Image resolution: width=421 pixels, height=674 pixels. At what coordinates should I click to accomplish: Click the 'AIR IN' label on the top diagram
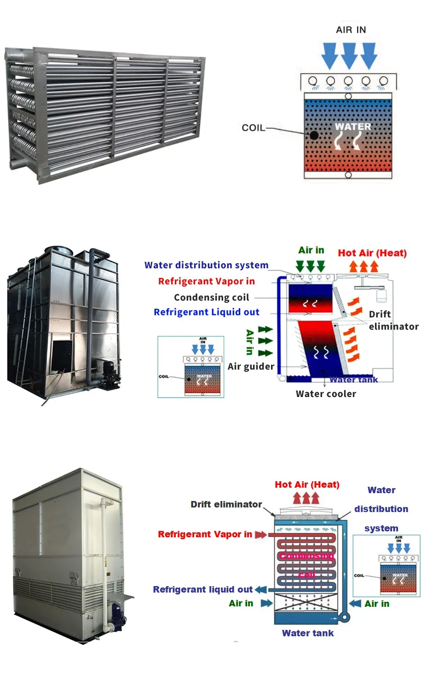pos(351,30)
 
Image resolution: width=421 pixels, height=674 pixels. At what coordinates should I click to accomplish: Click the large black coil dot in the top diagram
pos(314,135)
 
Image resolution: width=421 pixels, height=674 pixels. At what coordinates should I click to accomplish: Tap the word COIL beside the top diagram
pos(253,128)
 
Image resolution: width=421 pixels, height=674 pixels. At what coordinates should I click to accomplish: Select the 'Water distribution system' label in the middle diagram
pos(206,265)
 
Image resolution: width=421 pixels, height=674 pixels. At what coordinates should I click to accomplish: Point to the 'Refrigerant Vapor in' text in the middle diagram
pos(206,281)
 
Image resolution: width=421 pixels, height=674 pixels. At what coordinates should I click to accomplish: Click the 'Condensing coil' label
pos(211,297)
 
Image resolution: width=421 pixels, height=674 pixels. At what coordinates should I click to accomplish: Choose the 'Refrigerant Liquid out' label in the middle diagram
pos(206,312)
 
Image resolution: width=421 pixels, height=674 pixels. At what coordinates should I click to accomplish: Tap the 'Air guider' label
pos(251,366)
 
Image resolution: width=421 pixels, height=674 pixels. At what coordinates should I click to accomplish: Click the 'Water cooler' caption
pos(326,394)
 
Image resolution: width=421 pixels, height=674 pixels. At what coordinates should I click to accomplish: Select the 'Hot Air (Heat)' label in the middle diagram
pos(372,253)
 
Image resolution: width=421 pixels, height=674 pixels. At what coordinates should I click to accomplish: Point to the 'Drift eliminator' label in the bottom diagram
pos(226,504)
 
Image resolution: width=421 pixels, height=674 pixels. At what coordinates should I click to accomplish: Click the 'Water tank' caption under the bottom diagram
pos(308,633)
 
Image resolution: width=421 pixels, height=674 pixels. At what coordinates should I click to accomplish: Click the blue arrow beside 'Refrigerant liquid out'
pos(260,589)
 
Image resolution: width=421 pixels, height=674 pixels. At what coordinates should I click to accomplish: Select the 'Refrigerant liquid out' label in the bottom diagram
pos(202,589)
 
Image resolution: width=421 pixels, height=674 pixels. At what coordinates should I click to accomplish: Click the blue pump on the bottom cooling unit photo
pos(118,616)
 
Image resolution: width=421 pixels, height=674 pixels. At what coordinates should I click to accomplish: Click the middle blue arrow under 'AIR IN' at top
pos(349,56)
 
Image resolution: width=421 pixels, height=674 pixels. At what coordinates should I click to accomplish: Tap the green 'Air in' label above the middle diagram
pos(311,250)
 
